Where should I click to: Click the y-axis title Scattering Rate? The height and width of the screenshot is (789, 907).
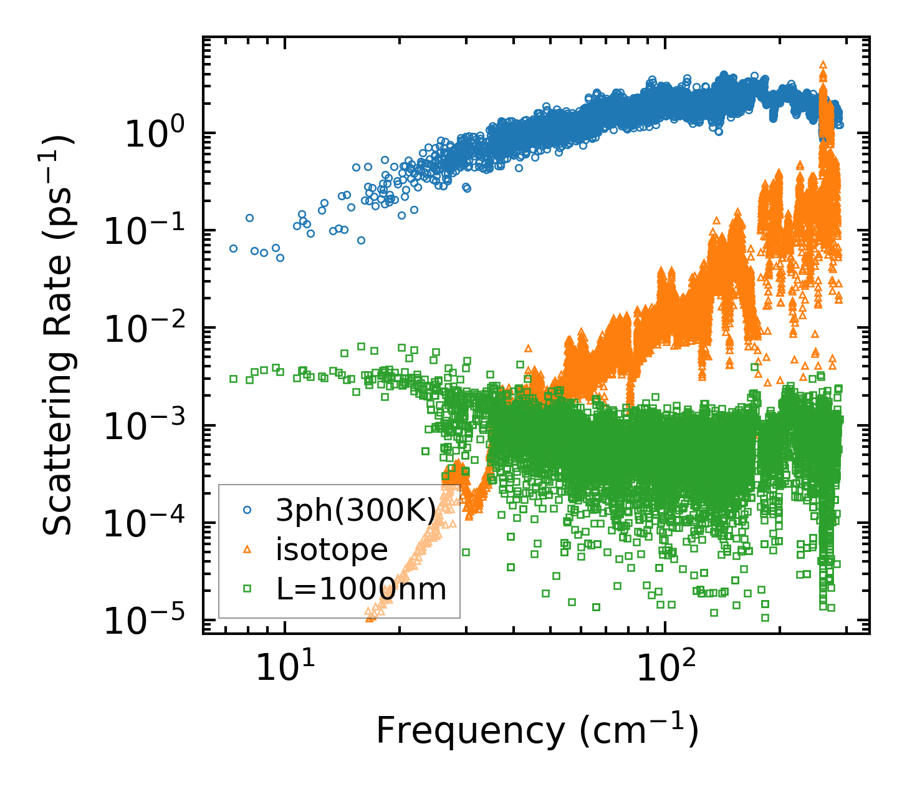coord(57,335)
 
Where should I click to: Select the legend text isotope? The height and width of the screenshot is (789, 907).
coord(332,549)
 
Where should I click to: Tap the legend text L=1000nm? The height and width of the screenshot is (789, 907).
coord(362,588)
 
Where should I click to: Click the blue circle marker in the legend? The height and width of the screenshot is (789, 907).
coord(247,510)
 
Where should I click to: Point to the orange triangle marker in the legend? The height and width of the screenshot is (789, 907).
coord(247,549)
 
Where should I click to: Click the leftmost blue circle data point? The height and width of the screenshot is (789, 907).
coord(233,248)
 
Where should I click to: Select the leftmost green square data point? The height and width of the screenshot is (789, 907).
coord(233,379)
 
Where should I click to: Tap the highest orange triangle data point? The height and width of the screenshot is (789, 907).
coord(823,64)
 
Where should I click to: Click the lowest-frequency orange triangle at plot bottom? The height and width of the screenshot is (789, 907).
coord(370,617)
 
